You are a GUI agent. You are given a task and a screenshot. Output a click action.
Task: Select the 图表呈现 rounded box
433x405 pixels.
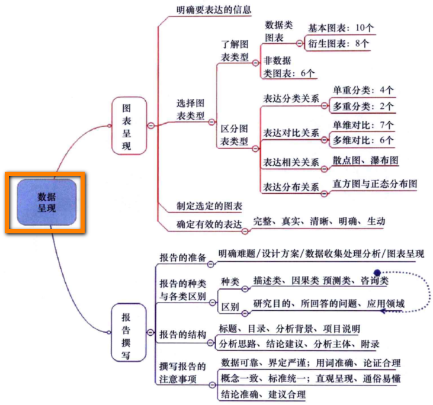coord(126,127)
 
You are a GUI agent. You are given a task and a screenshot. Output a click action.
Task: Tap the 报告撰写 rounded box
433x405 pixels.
coord(126,334)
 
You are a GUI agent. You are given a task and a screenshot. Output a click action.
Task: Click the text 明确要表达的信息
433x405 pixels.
coord(214,9)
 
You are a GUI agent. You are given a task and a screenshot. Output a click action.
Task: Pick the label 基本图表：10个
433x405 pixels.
coord(341,28)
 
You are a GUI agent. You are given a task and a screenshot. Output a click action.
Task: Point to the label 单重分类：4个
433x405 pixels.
coord(363,90)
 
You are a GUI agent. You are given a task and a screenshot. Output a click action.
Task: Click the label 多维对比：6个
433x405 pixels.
coord(363,140)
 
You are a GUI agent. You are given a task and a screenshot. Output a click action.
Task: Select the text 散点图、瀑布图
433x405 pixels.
coord(365,160)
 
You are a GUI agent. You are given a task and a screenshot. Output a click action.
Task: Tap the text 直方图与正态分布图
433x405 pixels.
coord(374,184)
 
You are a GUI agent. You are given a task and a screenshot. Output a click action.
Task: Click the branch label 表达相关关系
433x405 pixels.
coord(291,162)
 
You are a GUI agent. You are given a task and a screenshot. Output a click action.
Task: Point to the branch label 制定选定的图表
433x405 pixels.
coord(209,206)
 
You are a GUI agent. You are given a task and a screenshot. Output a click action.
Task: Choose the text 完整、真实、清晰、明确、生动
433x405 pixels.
coord(319,221)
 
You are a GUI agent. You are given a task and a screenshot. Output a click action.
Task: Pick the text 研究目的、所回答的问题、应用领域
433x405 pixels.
coord(329,304)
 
